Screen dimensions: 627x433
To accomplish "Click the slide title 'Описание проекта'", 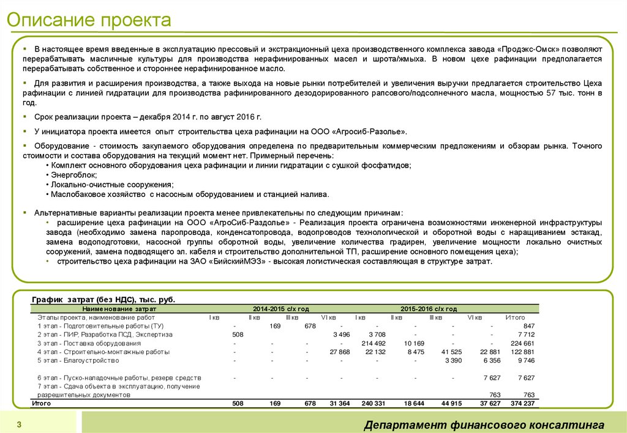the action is tap(89, 20).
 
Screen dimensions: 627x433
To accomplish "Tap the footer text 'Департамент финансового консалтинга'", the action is tap(484, 425).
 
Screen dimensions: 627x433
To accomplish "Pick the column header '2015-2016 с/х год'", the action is tap(429, 309).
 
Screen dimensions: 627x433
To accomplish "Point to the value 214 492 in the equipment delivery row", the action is tap(374, 343).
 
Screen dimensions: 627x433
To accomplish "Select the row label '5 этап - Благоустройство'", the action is tap(78, 360).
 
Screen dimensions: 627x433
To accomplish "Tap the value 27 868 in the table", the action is tap(339, 352).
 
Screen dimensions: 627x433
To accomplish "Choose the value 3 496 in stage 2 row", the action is tap(341, 335).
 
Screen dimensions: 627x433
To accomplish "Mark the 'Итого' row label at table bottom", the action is tap(41, 404).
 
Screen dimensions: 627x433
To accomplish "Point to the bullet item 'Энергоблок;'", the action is tap(71, 174).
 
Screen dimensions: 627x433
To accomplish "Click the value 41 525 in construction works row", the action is tap(451, 352).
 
